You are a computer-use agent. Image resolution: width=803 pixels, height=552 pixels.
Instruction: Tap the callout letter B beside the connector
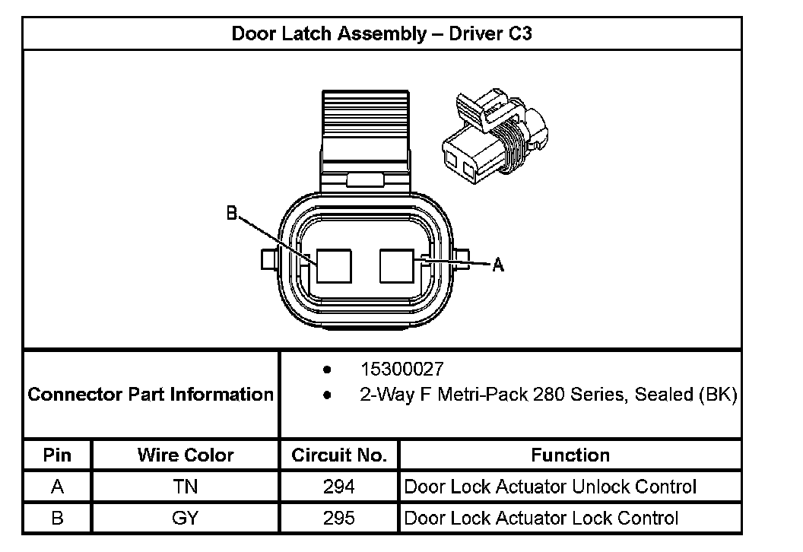click(x=232, y=214)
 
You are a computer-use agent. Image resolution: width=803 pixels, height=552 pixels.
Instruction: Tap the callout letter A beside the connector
click(x=498, y=265)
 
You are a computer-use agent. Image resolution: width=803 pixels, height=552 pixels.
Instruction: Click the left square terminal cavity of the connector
click(x=335, y=267)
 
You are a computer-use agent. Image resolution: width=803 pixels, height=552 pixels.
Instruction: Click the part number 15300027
click(x=401, y=370)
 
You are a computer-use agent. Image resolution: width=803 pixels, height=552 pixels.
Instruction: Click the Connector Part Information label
click(x=151, y=395)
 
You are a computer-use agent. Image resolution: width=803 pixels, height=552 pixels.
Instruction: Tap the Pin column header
click(x=58, y=455)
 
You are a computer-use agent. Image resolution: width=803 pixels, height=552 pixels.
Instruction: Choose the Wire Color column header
click(x=186, y=455)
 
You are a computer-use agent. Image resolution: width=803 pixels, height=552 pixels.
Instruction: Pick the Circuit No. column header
click(x=339, y=455)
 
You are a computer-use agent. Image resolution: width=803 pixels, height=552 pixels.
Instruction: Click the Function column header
click(x=570, y=455)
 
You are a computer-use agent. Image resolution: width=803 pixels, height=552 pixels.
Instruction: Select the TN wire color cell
click(x=186, y=487)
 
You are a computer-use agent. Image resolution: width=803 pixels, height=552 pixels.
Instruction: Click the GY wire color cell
click(x=186, y=518)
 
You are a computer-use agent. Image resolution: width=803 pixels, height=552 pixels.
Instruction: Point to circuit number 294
click(x=339, y=487)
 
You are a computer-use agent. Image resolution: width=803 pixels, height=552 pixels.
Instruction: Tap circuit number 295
click(x=339, y=518)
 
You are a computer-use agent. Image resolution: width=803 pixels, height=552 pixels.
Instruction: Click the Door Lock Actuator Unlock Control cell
click(x=551, y=487)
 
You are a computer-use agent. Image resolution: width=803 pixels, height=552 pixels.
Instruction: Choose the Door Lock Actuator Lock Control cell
click(x=541, y=518)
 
